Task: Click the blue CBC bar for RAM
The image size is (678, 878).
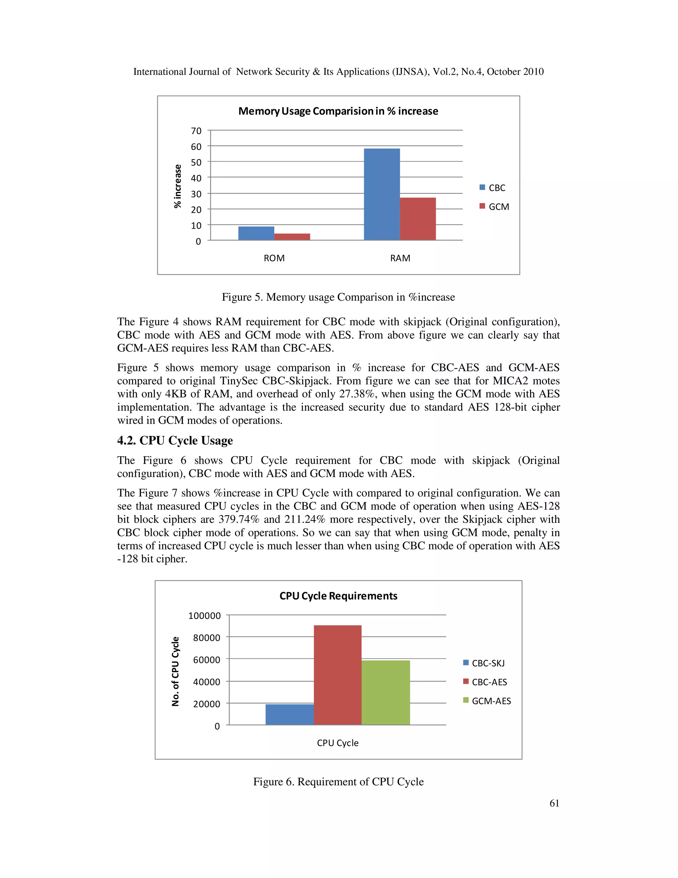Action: (x=382, y=194)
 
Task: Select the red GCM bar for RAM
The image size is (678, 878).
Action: (x=418, y=219)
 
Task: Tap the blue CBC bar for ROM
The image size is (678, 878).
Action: (x=256, y=234)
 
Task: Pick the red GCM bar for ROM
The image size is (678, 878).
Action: (x=292, y=237)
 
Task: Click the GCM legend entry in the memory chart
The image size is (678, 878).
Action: (x=495, y=207)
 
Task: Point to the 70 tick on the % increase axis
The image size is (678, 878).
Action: (x=196, y=131)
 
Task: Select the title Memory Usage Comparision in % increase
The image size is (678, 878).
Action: (x=338, y=111)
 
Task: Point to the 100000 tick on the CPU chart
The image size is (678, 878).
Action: (x=205, y=616)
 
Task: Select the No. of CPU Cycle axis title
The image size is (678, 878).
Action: (x=175, y=671)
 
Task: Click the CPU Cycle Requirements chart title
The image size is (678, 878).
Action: (x=338, y=596)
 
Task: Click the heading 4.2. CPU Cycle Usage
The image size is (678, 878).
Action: (x=175, y=441)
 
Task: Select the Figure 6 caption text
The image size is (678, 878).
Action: (x=338, y=782)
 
